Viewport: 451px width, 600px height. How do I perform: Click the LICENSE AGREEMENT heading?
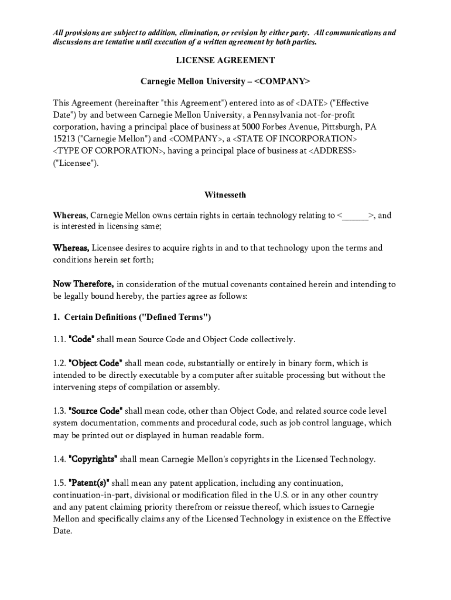tap(225, 60)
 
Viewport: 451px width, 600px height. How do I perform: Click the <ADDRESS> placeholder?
tap(332, 151)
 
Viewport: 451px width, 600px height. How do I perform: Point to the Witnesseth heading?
tap(225, 195)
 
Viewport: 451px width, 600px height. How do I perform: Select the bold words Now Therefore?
tap(84, 284)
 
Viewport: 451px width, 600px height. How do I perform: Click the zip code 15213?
tap(64, 139)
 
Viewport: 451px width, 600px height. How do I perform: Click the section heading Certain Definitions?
tap(137, 318)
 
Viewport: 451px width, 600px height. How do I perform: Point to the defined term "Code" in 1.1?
tap(82, 339)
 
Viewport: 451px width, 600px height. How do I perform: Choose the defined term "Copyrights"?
tap(93, 459)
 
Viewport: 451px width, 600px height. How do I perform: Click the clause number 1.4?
tap(59, 459)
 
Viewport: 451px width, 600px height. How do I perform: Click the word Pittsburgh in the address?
tap(340, 127)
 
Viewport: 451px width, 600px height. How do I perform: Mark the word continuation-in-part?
tap(91, 495)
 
